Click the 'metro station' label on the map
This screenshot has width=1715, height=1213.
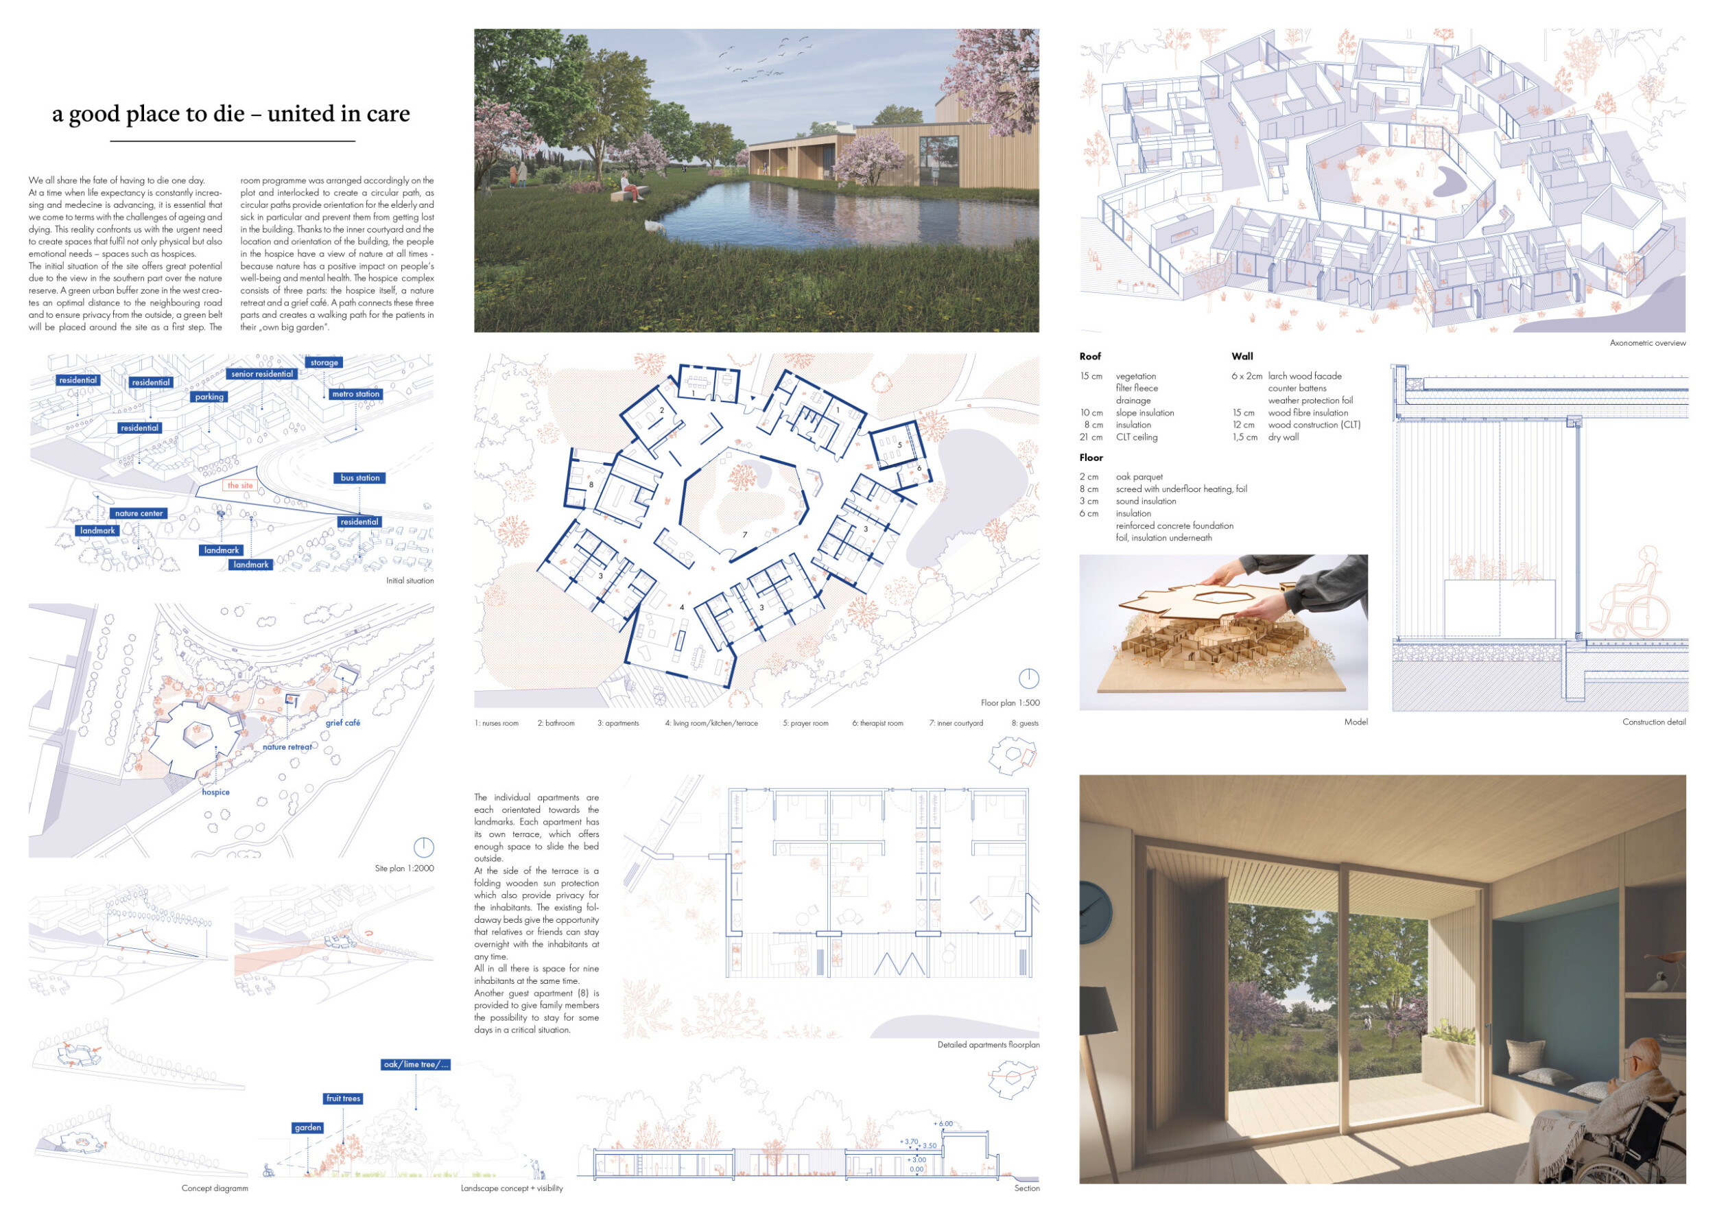tap(355, 394)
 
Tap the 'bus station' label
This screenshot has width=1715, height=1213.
tap(360, 478)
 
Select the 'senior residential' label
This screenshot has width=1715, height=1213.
tap(261, 374)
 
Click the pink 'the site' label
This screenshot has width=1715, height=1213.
tap(240, 486)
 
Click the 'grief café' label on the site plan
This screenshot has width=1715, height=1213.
tap(343, 723)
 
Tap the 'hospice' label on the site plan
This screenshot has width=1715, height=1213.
tap(216, 792)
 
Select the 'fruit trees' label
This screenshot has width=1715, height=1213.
tap(343, 1098)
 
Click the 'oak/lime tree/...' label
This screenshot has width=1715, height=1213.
tap(415, 1065)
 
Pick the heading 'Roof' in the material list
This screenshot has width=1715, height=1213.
tap(1090, 357)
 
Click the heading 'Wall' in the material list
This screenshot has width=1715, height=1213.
tap(1242, 357)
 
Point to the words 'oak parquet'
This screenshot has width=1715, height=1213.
tap(1139, 478)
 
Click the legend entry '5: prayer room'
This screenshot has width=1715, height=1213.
tap(805, 724)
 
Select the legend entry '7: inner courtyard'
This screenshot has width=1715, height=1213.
tap(956, 724)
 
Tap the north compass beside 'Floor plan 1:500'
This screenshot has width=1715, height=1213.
tap(1028, 679)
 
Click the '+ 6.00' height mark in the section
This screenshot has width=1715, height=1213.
tap(943, 1124)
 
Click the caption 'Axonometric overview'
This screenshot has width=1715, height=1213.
tap(1647, 344)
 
